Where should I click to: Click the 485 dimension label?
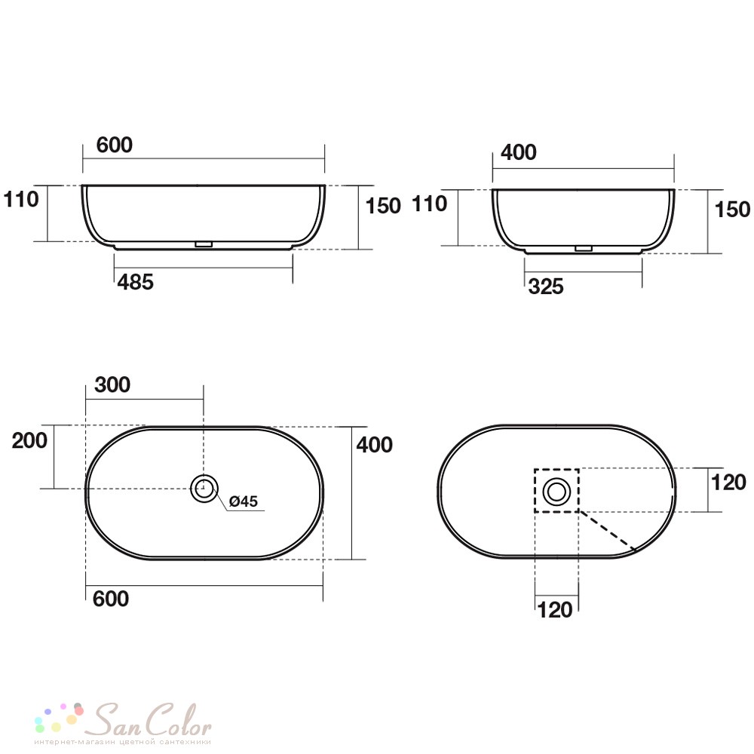[x=136, y=282]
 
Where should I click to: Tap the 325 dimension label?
[x=546, y=287]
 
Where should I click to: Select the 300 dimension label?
[x=112, y=385]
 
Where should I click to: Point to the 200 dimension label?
[x=30, y=440]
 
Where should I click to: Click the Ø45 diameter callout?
[x=244, y=501]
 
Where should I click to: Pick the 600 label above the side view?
[x=115, y=145]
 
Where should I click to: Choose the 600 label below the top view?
[x=111, y=599]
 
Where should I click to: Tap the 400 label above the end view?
[x=519, y=152]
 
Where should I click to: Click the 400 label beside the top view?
[x=375, y=445]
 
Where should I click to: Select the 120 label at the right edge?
[x=729, y=483]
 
